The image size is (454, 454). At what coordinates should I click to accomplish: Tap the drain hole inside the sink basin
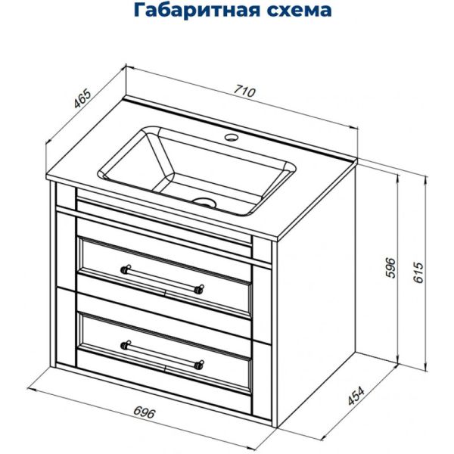tap(203, 202)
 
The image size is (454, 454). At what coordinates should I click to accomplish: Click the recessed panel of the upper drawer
tap(163, 274)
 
